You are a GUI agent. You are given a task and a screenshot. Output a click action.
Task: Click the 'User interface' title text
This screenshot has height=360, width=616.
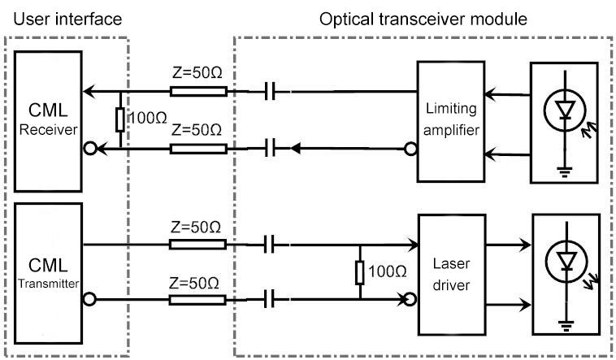coord(63,17)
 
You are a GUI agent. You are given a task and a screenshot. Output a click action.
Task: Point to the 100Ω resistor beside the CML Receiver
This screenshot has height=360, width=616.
coord(119,120)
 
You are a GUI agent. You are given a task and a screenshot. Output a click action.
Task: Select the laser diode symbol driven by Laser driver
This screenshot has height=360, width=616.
coord(566,262)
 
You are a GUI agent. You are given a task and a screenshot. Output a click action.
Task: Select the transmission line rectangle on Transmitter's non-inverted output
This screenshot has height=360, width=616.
coord(197,244)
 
